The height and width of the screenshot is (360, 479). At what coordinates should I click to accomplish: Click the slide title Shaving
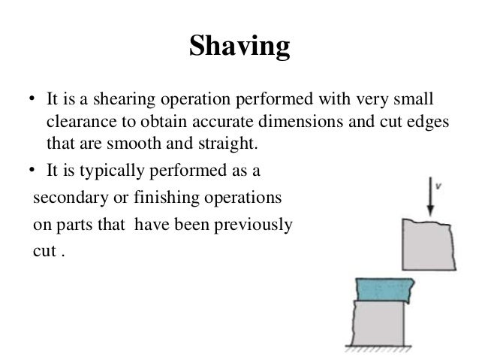(239, 47)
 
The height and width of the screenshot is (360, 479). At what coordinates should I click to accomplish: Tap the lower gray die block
(378, 324)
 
